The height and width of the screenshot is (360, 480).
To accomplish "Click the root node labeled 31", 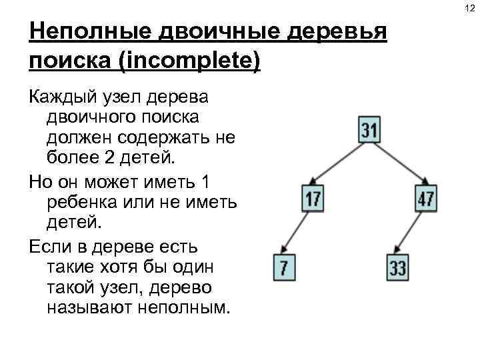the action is (x=369, y=129).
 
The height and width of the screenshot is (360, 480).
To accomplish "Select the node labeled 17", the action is (x=312, y=199).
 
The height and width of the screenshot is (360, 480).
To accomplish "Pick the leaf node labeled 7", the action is (x=284, y=268).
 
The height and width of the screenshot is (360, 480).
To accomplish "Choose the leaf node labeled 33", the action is (x=397, y=268).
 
